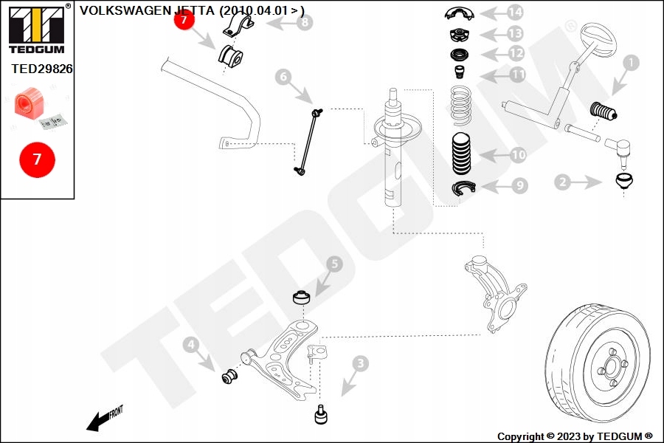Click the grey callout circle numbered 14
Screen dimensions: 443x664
(515, 12)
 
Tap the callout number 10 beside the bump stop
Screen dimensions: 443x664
(518, 155)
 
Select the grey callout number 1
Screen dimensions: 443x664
(630, 63)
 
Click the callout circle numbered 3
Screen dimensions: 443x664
(360, 363)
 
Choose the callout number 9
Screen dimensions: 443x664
(520, 185)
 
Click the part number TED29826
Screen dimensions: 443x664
(41, 69)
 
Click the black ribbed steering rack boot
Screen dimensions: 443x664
(605, 112)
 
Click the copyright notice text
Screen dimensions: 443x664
(575, 436)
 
